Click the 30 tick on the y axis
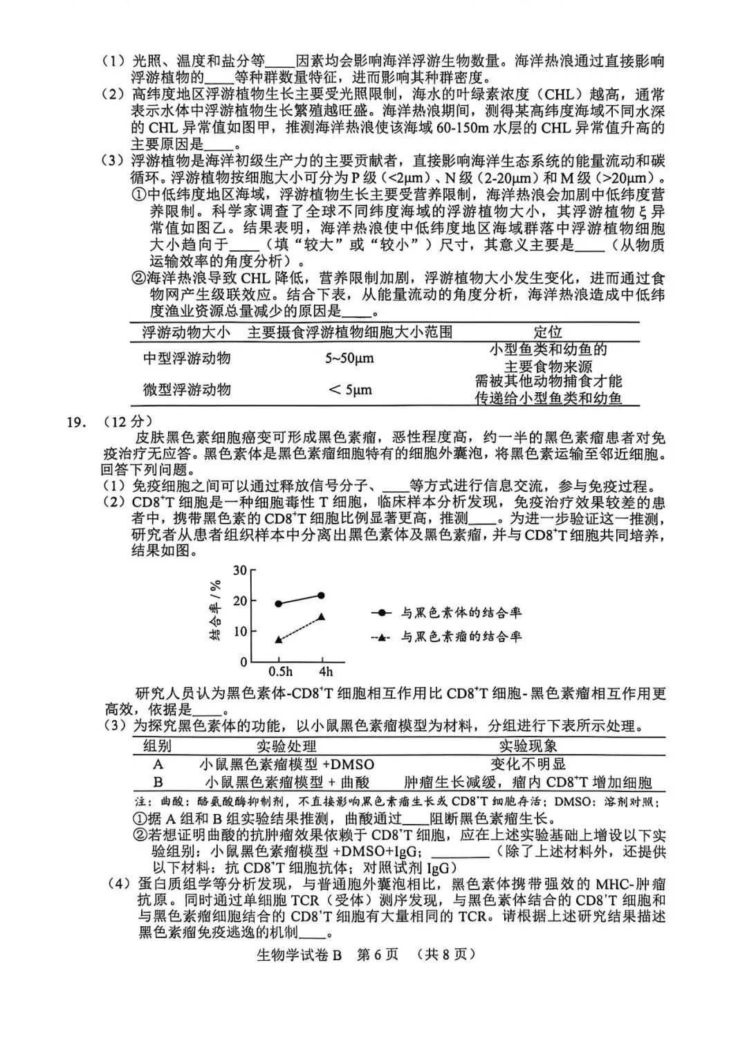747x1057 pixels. pos(240,570)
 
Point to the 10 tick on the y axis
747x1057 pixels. pos(240,631)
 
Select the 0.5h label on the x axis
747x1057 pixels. pos(280,672)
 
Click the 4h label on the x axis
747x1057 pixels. pos(325,672)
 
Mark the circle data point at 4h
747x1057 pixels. pos(322,595)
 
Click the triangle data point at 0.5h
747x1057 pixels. pos(279,640)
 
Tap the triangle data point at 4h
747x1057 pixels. pos(322,616)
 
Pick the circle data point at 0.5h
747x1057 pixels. pos(279,603)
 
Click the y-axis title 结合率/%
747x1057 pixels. pos(216,609)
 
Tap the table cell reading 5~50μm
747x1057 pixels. pos(349,358)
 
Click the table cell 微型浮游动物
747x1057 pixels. pos(187,389)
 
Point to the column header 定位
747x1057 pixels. pos(548,332)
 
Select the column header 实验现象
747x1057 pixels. pos(528,746)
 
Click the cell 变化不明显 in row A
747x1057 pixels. pos(528,764)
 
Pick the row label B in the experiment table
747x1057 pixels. pos(158,782)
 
